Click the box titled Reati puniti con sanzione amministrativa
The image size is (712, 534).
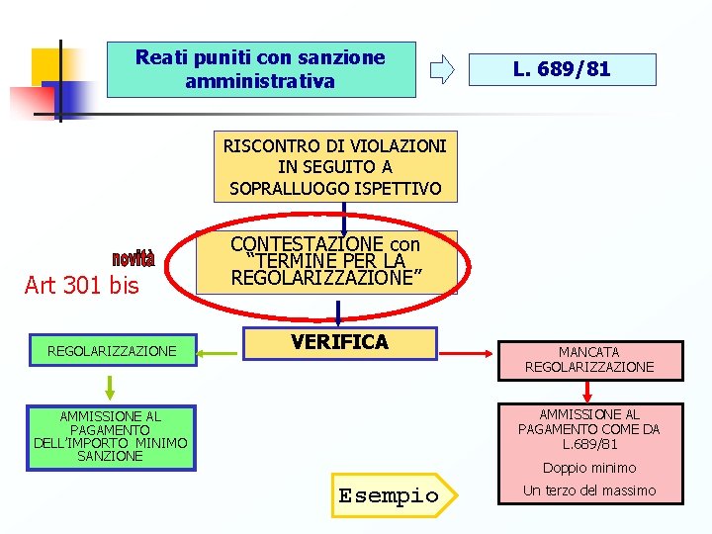click(x=260, y=69)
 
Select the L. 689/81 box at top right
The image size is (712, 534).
click(x=561, y=69)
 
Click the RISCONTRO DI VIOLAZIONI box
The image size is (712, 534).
click(x=335, y=166)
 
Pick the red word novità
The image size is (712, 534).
click(x=133, y=259)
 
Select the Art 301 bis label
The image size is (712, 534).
click(x=81, y=287)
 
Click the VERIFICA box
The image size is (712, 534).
click(x=339, y=343)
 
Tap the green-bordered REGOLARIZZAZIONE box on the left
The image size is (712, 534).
click(x=112, y=351)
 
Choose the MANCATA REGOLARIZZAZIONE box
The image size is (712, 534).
click(x=589, y=359)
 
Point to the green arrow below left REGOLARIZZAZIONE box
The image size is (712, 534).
click(x=109, y=384)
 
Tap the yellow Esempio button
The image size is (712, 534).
click(x=389, y=495)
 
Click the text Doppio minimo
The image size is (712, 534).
click(x=589, y=468)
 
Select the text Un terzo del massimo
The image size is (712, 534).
click(x=589, y=490)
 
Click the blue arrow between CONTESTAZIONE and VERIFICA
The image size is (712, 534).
click(x=338, y=311)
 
